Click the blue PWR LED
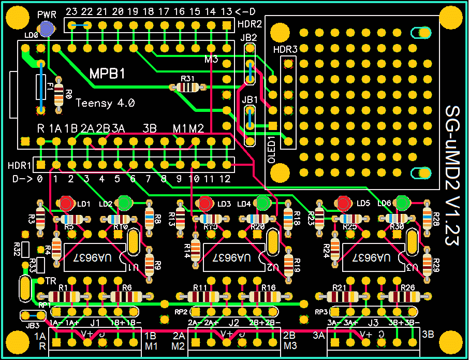pyautogui.click(x=47, y=30)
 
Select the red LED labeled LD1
pyautogui.click(x=66, y=203)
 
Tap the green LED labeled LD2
pyautogui.click(x=125, y=203)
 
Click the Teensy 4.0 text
pyautogui.click(x=106, y=103)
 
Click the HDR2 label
pyautogui.click(x=250, y=24)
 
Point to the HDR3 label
pyautogui.click(x=285, y=50)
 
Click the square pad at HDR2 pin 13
pyautogui.click(x=226, y=25)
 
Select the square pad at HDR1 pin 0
pyautogui.click(x=40, y=165)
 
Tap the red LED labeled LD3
pyautogui.click(x=205, y=203)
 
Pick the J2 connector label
pyautogui.click(x=234, y=323)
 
